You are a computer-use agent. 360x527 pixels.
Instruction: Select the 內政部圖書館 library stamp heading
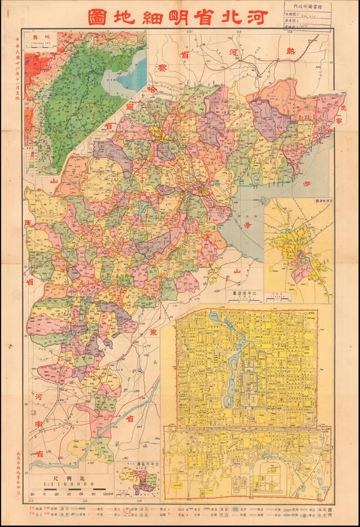[308, 7]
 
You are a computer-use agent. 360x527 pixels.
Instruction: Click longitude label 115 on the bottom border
[85, 501]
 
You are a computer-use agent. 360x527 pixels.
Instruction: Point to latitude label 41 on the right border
[331, 63]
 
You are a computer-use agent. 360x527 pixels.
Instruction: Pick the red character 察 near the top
[162, 68]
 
